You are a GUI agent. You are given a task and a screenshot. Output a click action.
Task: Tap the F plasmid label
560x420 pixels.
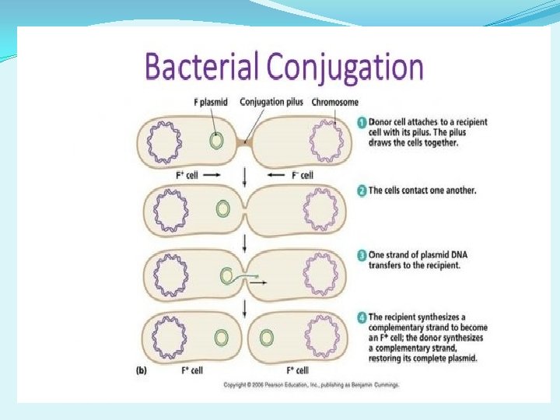tap(210, 102)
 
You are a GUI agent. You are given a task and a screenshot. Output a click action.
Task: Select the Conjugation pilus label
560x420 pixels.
tap(273, 102)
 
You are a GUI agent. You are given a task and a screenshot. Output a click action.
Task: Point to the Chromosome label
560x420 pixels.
tap(335, 102)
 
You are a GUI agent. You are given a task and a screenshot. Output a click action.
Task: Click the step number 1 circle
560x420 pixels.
tap(362, 122)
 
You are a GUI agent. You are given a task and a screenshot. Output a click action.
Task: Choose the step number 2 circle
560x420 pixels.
tap(362, 191)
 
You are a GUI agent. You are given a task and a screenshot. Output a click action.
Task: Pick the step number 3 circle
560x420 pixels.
tap(362, 255)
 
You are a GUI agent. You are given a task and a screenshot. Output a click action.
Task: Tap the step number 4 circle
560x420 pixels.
tap(362, 317)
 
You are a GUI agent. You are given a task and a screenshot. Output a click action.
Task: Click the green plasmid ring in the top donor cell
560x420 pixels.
tap(218, 141)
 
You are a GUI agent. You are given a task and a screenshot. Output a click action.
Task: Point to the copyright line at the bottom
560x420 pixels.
tap(311, 385)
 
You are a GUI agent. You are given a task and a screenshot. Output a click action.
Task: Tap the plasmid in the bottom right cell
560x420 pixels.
tap(267, 338)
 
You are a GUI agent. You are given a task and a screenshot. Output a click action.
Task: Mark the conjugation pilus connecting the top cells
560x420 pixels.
tap(246, 142)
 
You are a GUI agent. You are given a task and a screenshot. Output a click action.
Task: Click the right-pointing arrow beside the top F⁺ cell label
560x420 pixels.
tap(212, 176)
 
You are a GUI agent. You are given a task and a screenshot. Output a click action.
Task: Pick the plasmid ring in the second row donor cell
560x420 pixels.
tap(224, 208)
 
